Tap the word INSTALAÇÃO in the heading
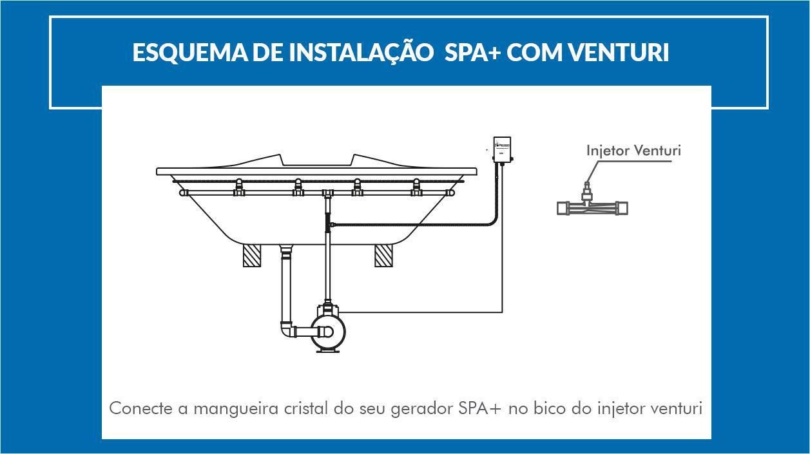pyautogui.click(x=362, y=53)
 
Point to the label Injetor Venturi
pyautogui.click(x=633, y=151)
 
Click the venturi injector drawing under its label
pyautogui.click(x=592, y=207)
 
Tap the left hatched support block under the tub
pyautogui.click(x=251, y=256)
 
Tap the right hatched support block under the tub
pyautogui.click(x=383, y=256)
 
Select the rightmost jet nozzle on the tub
pyautogui.click(x=416, y=187)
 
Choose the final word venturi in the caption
pyautogui.click(x=677, y=408)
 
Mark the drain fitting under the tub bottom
pyautogui.click(x=286, y=251)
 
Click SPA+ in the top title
pyautogui.click(x=471, y=53)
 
